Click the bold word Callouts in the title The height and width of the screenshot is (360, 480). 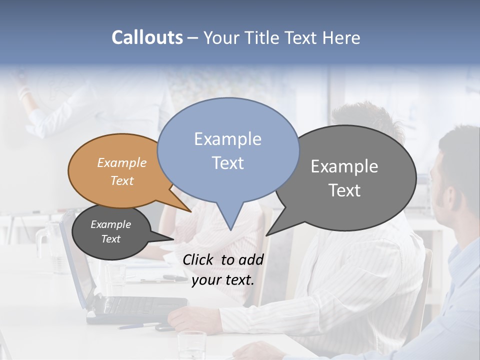147,37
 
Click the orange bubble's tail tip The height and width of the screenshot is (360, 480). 190,211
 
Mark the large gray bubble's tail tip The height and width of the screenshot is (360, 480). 266,235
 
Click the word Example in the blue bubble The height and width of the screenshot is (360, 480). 227,138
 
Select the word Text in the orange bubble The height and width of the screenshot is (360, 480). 122,180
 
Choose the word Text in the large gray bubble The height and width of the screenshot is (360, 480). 344,190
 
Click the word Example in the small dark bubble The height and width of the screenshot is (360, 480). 110,224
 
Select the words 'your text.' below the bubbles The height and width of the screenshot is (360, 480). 222,280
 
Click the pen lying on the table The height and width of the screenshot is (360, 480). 137,325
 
